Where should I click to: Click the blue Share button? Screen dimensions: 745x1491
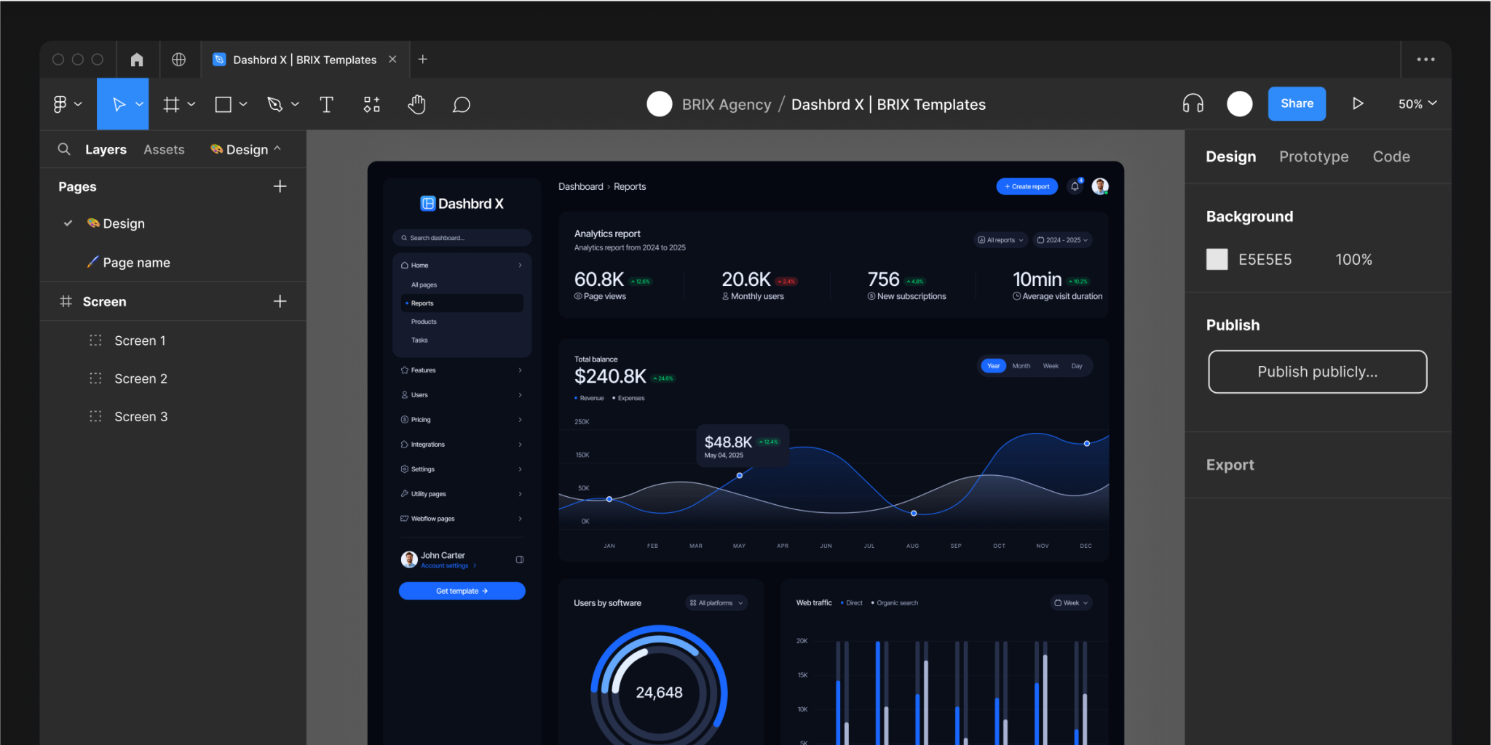click(1297, 104)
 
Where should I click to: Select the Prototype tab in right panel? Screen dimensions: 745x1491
click(1313, 156)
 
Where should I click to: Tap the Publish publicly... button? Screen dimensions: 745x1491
click(1317, 372)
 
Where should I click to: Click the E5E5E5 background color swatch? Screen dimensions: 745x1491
click(1217, 260)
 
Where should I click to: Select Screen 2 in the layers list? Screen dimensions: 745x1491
click(141, 378)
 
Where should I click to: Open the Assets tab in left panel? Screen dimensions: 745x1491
click(164, 149)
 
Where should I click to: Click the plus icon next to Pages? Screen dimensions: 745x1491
click(280, 186)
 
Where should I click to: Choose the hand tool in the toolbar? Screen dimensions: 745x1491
click(416, 105)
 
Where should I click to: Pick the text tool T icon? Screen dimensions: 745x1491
click(326, 105)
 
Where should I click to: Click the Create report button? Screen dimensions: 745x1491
click(1027, 187)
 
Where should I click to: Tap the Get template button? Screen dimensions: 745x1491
click(462, 591)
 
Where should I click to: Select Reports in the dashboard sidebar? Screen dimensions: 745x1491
click(422, 303)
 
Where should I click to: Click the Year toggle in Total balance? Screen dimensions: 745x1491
click(993, 366)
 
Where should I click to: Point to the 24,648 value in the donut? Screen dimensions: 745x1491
click(659, 693)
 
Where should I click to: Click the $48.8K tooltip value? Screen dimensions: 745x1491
click(728, 442)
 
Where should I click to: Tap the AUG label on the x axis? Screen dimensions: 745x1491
click(912, 546)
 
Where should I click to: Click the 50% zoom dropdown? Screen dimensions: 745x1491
click(1417, 104)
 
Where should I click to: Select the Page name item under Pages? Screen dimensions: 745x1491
click(136, 263)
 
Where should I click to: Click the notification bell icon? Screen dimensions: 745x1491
click(1075, 187)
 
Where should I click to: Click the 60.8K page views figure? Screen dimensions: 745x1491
click(598, 279)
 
